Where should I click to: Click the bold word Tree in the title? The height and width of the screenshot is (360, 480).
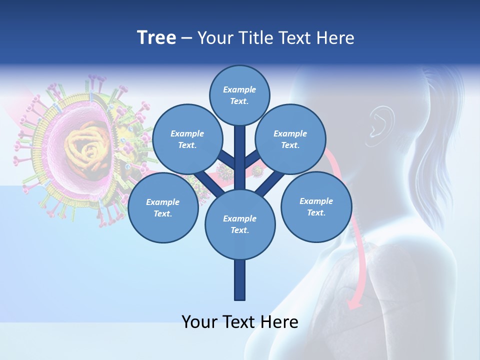pyautogui.click(x=156, y=38)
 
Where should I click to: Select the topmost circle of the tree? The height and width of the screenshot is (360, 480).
pyautogui.click(x=239, y=95)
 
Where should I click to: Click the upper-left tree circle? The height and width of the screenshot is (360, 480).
pyautogui.click(x=187, y=139)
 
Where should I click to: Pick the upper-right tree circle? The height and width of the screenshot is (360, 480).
pyautogui.click(x=290, y=139)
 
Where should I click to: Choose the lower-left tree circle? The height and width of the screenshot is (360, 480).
pyautogui.click(x=162, y=208)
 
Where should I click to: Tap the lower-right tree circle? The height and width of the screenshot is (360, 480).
pyautogui.click(x=316, y=207)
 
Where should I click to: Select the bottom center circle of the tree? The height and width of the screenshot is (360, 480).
pyautogui.click(x=239, y=224)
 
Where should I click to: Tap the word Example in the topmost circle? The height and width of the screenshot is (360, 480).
pyautogui.click(x=239, y=89)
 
